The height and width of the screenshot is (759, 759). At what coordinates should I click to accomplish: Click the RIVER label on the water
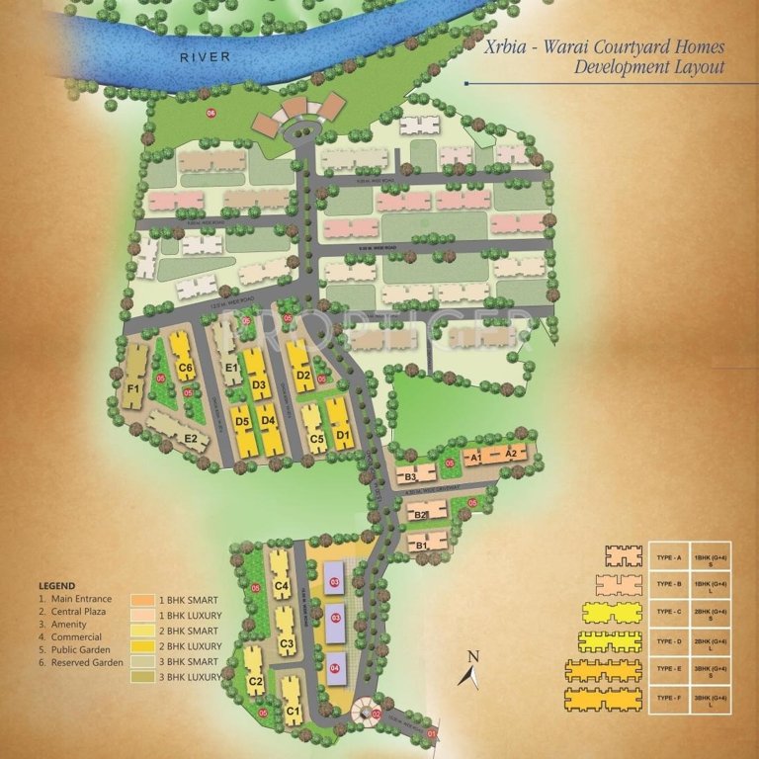pyautogui.click(x=205, y=57)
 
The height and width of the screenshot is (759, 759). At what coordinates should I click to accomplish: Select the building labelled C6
pyautogui.click(x=184, y=369)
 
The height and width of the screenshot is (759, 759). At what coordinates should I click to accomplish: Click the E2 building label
pyautogui.click(x=191, y=438)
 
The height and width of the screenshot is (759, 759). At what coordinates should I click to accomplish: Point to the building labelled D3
pyautogui.click(x=260, y=384)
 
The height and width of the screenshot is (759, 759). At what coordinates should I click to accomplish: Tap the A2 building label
pyautogui.click(x=511, y=454)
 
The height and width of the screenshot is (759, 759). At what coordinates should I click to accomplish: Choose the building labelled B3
pyautogui.click(x=413, y=477)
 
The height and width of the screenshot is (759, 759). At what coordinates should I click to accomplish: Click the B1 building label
pyautogui.click(x=419, y=544)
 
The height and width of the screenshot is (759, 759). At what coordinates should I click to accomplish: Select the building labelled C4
pyautogui.click(x=282, y=587)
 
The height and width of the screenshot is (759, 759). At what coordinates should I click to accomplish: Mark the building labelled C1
pyautogui.click(x=293, y=710)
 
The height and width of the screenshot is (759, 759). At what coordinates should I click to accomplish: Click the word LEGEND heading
pyautogui.click(x=56, y=585)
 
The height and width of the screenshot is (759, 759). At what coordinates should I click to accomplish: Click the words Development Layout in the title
pyautogui.click(x=649, y=68)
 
